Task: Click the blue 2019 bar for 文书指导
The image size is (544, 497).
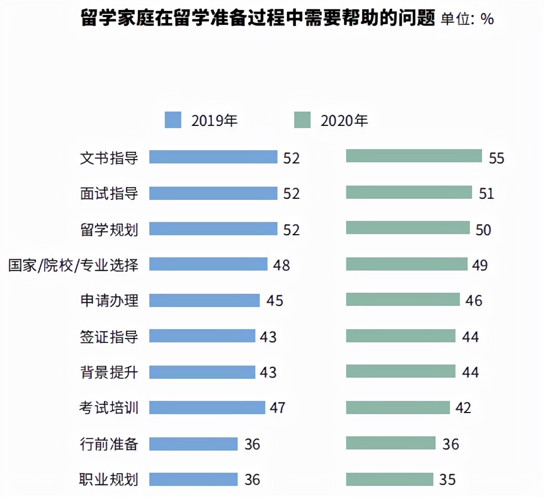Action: [213, 157]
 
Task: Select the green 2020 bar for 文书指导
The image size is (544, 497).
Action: [414, 156]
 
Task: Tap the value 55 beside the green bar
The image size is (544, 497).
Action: [496, 158]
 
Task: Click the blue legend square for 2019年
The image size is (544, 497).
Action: [172, 120]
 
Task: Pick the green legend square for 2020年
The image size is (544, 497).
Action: [302, 120]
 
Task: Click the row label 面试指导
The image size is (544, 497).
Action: [109, 193]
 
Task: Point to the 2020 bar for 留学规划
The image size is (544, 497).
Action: [407, 228]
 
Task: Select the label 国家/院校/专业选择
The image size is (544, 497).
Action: [73, 265]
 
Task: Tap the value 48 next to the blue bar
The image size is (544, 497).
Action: [281, 265]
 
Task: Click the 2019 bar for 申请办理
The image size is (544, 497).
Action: [204, 300]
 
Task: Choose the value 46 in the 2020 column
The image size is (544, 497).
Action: [474, 301]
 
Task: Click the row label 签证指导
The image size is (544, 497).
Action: [109, 336]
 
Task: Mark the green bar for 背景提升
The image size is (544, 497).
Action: [400, 371]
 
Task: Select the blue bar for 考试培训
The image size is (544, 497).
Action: [207, 408]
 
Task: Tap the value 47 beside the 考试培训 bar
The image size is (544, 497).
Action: [277, 408]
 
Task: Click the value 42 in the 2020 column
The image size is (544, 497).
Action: [463, 408]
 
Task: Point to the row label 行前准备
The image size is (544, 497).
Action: [109, 443]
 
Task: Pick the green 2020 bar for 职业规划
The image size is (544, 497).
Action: [389, 479]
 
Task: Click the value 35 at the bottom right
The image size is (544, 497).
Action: [447, 480]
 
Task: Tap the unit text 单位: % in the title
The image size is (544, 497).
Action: [467, 19]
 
